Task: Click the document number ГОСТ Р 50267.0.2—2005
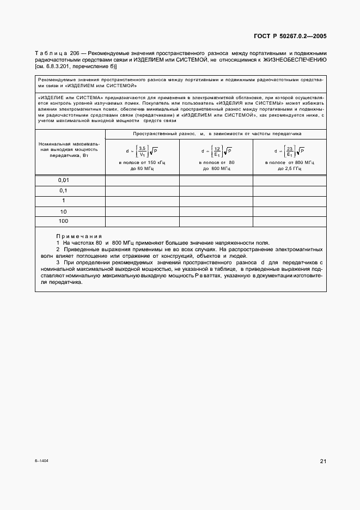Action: (290, 36)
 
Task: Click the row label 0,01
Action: (64, 180)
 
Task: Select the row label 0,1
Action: (64, 191)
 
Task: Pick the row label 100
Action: (64, 221)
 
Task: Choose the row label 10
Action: (64, 211)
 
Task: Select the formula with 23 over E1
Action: (289, 151)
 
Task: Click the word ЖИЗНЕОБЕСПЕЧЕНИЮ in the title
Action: (295, 60)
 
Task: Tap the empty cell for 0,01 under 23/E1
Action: (289, 180)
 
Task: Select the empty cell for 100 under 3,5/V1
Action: (142, 221)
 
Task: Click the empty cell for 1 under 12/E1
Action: (216, 201)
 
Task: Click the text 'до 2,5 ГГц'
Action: (289, 168)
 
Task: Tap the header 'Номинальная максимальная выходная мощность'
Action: (70, 149)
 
